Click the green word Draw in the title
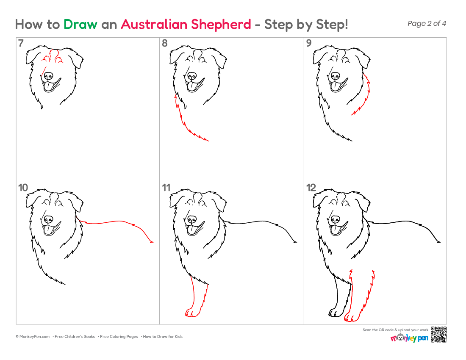(80, 25)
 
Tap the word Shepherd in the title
(221, 25)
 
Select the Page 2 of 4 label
(427, 23)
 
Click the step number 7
(20, 43)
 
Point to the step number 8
(165, 43)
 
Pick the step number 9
(309, 43)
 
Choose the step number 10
(23, 188)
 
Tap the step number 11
(166, 188)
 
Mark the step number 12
(311, 188)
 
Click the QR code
(438, 335)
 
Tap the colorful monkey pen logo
(409, 338)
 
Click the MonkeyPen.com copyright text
(33, 337)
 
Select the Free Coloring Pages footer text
(119, 337)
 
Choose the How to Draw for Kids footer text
(163, 337)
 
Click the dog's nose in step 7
(48, 76)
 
